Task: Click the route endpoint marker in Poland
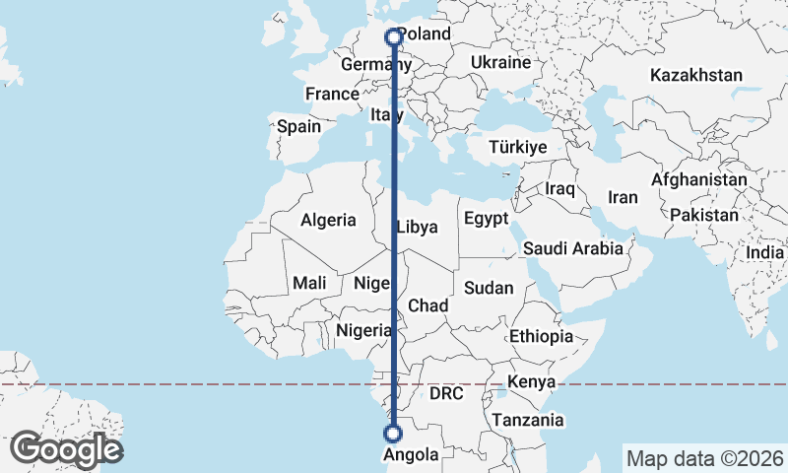point(394,37)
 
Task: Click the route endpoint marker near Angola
point(393,434)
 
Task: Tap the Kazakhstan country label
point(696,75)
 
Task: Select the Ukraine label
point(500,62)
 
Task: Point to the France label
point(331,95)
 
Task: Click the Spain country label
point(298,127)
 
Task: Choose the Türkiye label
point(518,148)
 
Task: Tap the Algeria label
point(328,221)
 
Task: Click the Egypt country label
point(486,218)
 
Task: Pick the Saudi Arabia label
point(573,248)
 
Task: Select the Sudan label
point(489,288)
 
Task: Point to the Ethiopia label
point(541,337)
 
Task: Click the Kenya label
point(533,382)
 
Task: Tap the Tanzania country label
point(529,421)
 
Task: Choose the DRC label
point(446,393)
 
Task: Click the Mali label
point(309,284)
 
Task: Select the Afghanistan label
point(698,180)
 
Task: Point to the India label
point(765,252)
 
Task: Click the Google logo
point(66,449)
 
